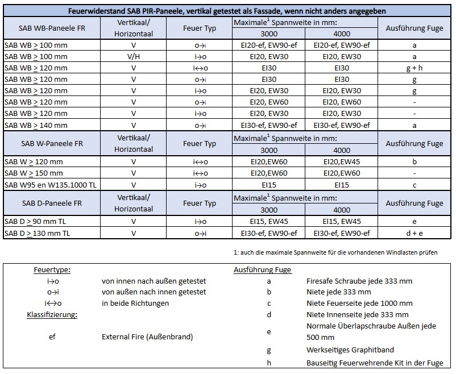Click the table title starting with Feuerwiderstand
227,11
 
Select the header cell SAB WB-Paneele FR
52,28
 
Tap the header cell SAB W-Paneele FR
52,143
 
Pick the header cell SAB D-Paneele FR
52,203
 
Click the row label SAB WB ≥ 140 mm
36,125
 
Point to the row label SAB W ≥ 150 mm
34,173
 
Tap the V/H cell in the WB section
133,56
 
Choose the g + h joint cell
414,68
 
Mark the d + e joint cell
414,233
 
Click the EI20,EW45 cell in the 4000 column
341,161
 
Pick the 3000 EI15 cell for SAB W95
269,185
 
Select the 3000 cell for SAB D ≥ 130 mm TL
269,233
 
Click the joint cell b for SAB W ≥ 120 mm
414,161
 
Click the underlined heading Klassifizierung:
52,314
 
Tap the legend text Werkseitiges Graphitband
350,350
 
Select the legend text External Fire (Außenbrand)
147,337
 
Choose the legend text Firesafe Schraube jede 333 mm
359,281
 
